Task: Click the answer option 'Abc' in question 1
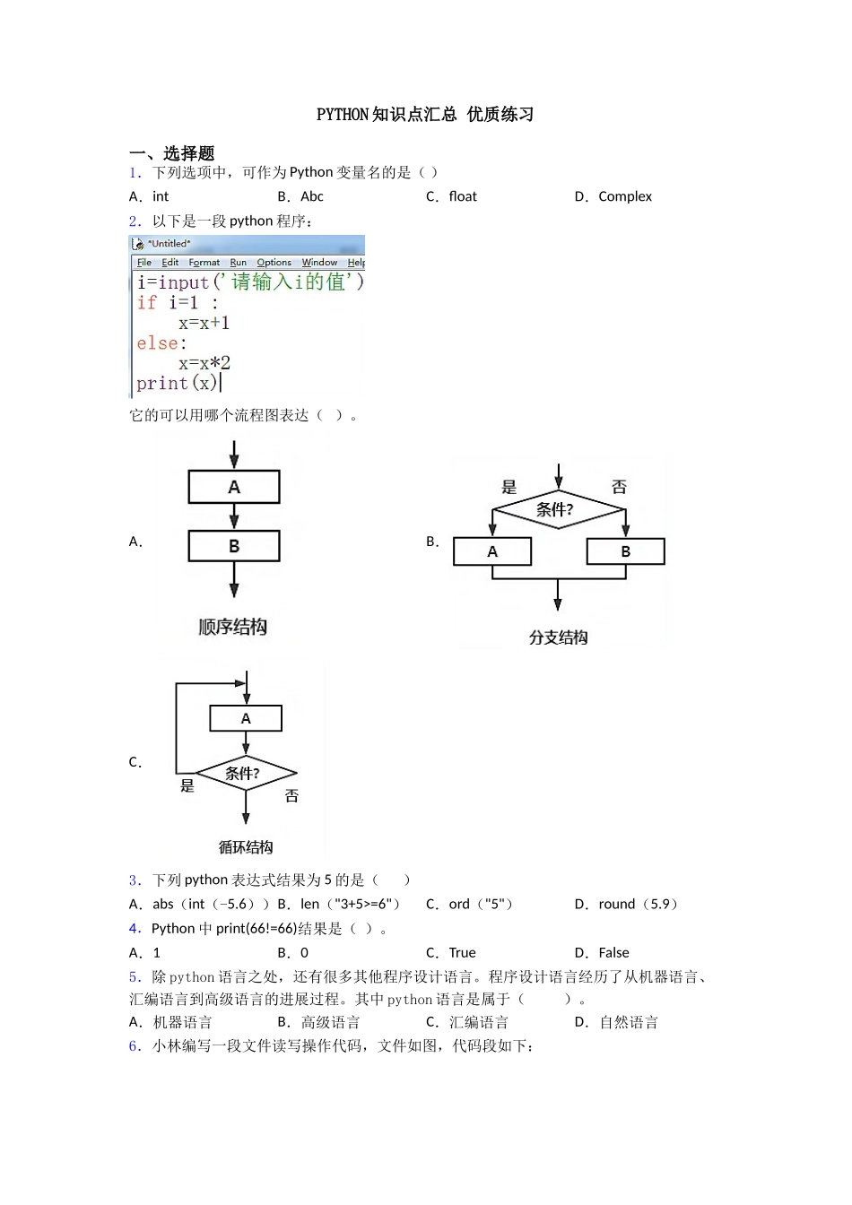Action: point(311,196)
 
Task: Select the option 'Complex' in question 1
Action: point(624,196)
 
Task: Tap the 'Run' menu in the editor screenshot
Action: point(238,263)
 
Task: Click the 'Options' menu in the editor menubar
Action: point(274,263)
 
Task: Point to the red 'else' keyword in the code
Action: point(158,343)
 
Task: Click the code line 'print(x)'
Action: point(177,384)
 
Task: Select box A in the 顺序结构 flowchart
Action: point(234,487)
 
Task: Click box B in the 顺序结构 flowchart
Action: point(234,545)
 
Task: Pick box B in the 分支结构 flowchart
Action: point(625,551)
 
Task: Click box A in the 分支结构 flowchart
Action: point(492,551)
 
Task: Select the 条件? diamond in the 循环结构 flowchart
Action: point(245,773)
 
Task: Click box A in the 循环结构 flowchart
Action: point(246,718)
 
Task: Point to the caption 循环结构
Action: point(246,847)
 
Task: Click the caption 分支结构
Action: point(558,637)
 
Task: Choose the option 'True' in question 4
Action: point(462,952)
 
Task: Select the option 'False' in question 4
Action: point(613,952)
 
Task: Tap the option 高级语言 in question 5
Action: point(330,1022)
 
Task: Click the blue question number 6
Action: point(135,1046)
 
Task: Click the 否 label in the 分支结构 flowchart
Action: point(619,487)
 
